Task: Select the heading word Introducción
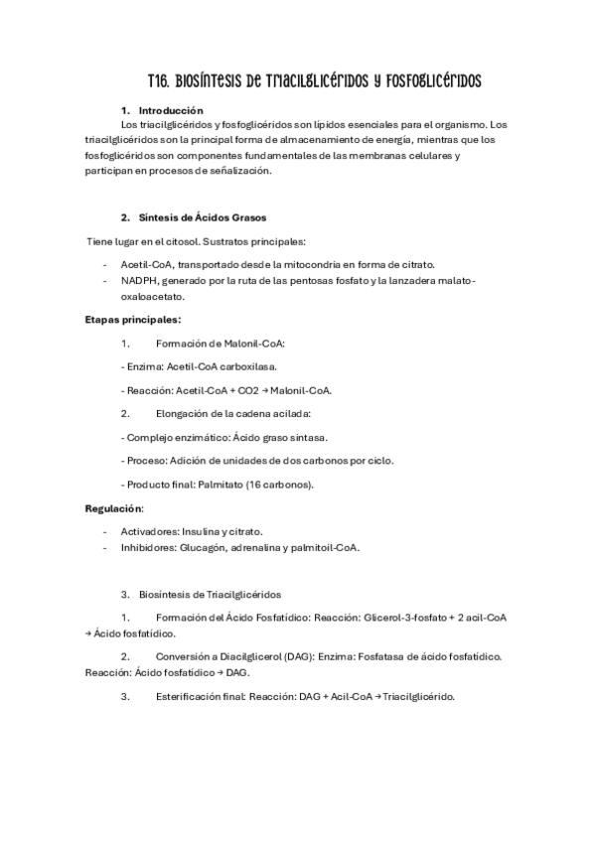point(171,110)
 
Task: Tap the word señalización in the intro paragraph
point(238,171)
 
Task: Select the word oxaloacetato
point(153,296)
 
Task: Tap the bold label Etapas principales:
point(133,320)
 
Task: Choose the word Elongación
point(184,413)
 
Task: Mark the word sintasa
point(308,437)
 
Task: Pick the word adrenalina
point(247,547)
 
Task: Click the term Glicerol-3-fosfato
point(407,618)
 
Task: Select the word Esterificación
point(192,696)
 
